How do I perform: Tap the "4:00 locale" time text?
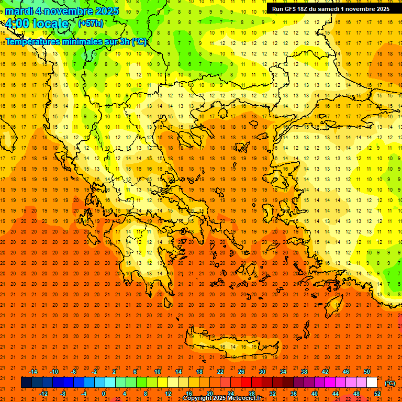(37, 24)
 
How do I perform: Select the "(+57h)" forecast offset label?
(91, 24)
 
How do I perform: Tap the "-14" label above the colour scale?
(33, 372)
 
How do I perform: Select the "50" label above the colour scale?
(367, 372)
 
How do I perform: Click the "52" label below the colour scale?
(377, 393)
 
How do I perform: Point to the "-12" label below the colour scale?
(43, 393)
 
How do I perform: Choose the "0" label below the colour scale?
(104, 393)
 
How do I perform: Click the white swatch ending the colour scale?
(372, 383)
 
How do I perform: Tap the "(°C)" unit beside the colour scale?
(390, 383)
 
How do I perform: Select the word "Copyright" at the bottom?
(197, 398)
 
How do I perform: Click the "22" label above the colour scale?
(220, 372)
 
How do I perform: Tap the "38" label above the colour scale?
(304, 372)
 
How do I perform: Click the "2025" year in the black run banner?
(381, 9)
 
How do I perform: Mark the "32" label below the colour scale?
(273, 393)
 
